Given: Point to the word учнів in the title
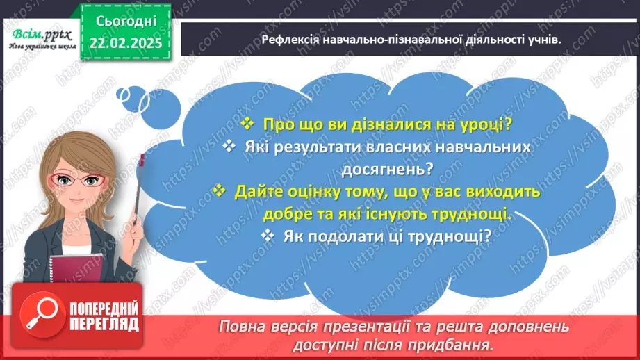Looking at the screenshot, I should [541, 40].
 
